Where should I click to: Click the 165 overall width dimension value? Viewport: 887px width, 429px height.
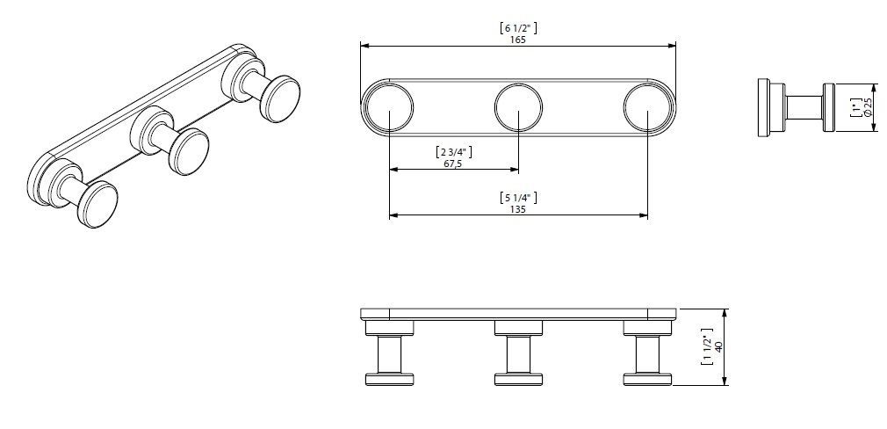[517, 40]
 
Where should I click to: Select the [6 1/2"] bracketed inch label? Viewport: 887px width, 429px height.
[518, 28]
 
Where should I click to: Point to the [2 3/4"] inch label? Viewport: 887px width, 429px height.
[454, 152]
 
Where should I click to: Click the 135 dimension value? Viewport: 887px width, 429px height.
[517, 209]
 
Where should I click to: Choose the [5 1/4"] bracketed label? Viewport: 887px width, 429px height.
[518, 198]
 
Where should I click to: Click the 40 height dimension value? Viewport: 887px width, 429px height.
[719, 346]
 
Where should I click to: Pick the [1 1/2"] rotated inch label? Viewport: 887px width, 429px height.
[707, 346]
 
